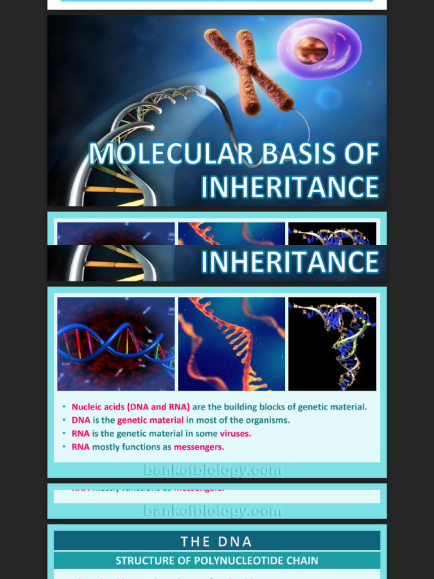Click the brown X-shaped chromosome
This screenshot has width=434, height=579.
[x=249, y=71]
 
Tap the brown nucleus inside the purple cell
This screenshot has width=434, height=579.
[x=311, y=50]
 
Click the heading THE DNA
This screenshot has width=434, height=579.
[x=216, y=541]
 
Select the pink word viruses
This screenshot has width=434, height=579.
[x=235, y=434]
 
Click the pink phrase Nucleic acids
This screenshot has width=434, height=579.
[x=98, y=407]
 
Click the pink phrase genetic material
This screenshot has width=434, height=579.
[x=150, y=420]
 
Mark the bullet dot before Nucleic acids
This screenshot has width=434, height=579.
[x=64, y=407]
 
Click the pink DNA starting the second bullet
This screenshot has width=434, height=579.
[x=81, y=420]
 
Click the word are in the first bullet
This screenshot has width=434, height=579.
[x=200, y=407]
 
